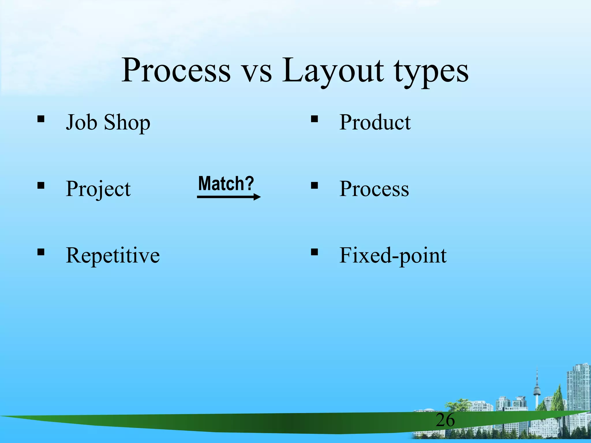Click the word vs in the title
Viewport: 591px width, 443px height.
coord(256,72)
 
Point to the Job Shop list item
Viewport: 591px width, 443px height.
coord(108,122)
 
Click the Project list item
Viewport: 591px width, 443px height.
coord(98,189)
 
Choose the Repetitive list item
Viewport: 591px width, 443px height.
coord(113,255)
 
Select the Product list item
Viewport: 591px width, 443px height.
coord(375,122)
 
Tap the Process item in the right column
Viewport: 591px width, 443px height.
coord(374,189)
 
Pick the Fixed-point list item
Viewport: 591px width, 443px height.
coord(393,255)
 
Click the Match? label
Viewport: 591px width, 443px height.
coord(226,183)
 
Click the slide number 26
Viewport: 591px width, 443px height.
coord(445,420)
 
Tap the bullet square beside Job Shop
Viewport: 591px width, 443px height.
coord(41,119)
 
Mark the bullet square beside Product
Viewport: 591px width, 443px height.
coord(314,119)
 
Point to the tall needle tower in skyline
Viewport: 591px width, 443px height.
coord(537,389)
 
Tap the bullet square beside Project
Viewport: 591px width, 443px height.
coord(41,185)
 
